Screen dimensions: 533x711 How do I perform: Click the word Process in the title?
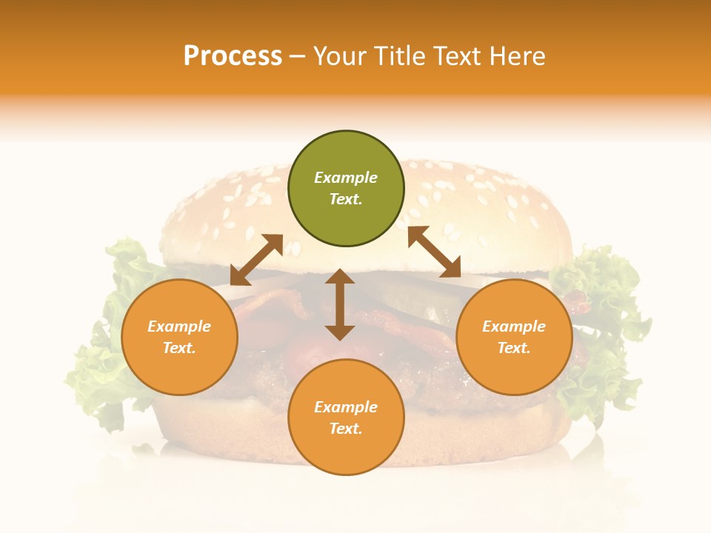233,56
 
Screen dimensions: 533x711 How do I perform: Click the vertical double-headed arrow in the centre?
340,304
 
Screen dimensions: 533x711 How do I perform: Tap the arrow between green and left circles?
256,259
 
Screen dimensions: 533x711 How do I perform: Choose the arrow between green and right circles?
434,252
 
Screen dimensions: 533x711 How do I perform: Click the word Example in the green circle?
346,178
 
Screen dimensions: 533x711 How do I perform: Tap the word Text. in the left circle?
179,348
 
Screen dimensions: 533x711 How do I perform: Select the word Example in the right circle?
514,326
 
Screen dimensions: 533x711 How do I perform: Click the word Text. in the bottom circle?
346,429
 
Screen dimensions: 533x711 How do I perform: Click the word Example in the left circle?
179,326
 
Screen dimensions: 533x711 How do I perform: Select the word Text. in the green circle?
346,199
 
